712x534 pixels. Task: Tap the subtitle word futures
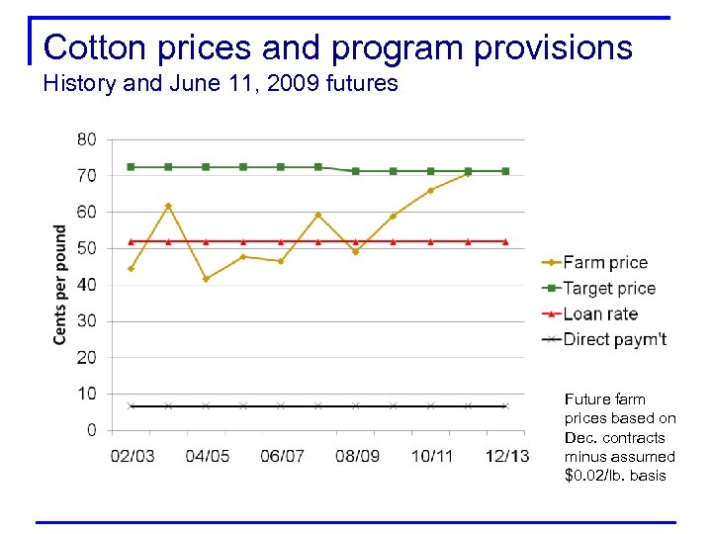point(360,83)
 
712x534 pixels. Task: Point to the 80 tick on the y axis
point(87,139)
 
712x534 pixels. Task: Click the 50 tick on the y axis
point(87,248)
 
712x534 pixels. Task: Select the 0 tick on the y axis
point(92,430)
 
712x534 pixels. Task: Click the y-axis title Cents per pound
point(60,285)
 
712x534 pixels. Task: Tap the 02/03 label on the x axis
point(131,456)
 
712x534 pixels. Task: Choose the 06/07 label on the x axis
point(281,456)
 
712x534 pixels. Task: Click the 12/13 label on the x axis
point(505,456)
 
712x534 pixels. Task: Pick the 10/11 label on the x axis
point(430,456)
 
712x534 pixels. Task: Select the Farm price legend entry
point(604,262)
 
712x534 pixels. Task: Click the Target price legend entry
point(608,288)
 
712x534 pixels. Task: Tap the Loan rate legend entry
point(600,313)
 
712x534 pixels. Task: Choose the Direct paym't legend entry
point(614,339)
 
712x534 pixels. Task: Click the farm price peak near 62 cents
point(168,206)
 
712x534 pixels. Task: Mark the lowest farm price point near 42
point(206,279)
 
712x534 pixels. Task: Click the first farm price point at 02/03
point(131,268)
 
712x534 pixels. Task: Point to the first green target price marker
point(131,167)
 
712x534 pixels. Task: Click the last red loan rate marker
point(505,241)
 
